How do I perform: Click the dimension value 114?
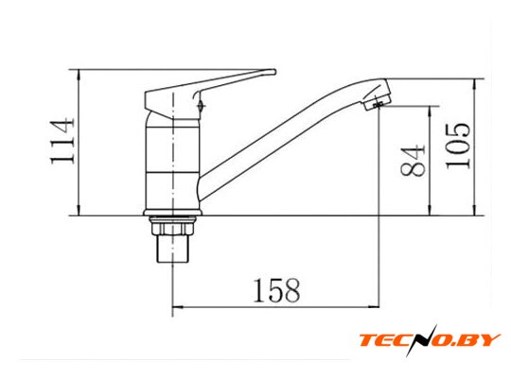(62, 142)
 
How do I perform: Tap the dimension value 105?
(458, 146)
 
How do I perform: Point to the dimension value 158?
(276, 290)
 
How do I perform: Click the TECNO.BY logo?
(430, 340)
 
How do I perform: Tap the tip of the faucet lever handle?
(274, 72)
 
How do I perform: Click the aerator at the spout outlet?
(377, 101)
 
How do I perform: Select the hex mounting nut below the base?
(173, 226)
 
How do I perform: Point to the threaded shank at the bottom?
(173, 249)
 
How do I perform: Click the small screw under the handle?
(201, 106)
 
